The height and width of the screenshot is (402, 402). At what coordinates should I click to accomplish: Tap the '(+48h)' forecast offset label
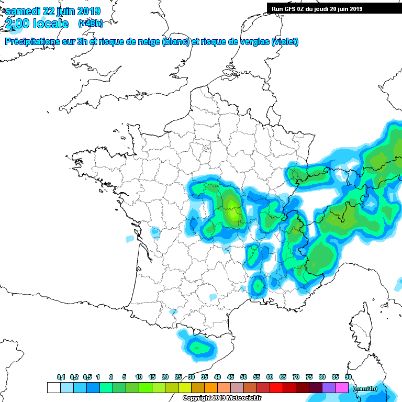(x=90, y=24)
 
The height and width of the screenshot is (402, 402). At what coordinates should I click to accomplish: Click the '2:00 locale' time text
(x=37, y=24)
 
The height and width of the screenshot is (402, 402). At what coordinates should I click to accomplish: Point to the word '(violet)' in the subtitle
(x=285, y=42)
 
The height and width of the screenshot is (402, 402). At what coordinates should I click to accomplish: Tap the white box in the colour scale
(x=53, y=388)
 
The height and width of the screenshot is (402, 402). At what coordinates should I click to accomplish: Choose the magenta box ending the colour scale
(x=342, y=388)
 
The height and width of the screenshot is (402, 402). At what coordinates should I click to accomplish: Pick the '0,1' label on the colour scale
(x=61, y=377)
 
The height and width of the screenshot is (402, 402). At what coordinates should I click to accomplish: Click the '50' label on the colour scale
(x=243, y=377)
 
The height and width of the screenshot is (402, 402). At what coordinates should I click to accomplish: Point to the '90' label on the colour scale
(x=348, y=377)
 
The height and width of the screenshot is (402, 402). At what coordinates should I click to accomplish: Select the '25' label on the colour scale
(x=178, y=377)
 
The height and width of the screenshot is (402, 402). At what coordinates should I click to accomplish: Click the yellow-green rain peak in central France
(x=232, y=214)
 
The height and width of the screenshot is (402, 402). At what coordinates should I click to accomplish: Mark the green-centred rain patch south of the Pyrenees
(x=198, y=347)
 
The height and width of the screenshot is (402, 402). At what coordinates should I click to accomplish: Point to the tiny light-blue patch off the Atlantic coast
(x=129, y=239)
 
